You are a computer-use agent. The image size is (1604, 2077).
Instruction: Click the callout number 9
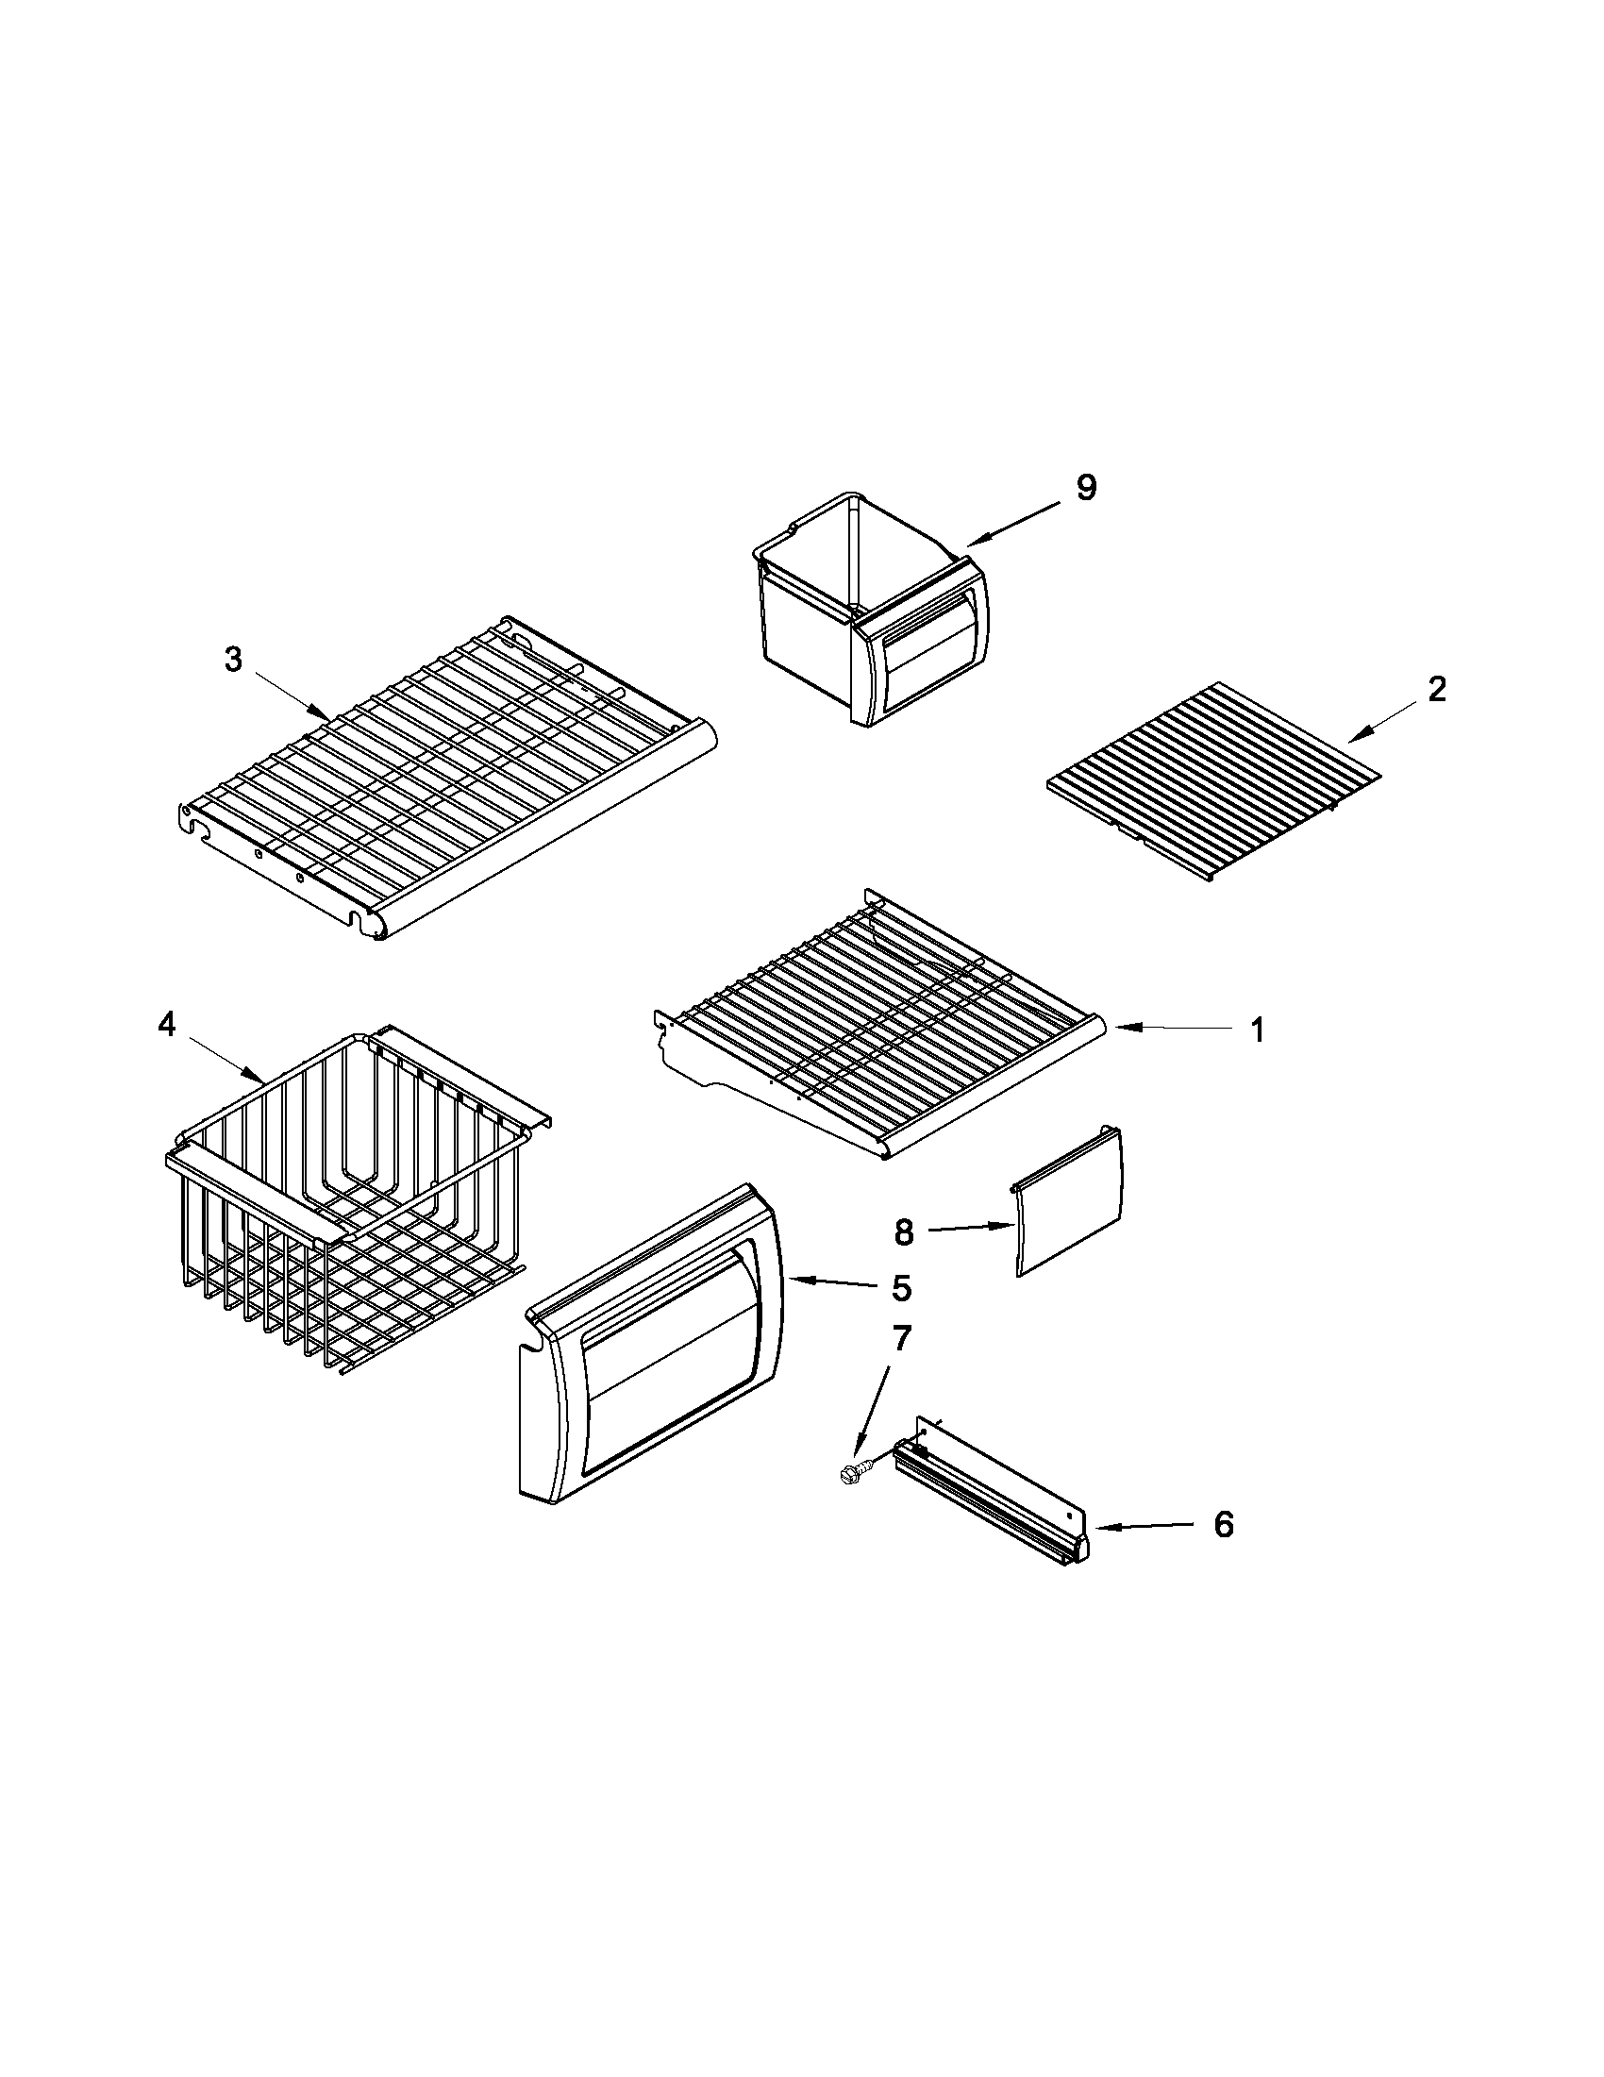point(1086,487)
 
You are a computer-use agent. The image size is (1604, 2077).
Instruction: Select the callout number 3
point(233,660)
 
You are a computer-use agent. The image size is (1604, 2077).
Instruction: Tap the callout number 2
point(1437,689)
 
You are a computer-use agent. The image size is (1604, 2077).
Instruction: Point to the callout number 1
point(1257,1030)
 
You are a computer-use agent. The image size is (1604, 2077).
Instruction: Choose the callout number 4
point(166,1026)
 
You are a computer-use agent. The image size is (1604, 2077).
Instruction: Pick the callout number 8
point(903,1233)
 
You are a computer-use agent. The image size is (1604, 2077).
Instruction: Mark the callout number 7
point(900,1339)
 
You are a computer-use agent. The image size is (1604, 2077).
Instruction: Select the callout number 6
point(1224,1524)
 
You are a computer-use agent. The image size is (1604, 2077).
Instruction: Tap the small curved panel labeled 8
point(1069,1201)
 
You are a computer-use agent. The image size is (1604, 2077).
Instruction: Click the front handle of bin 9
point(927,658)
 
